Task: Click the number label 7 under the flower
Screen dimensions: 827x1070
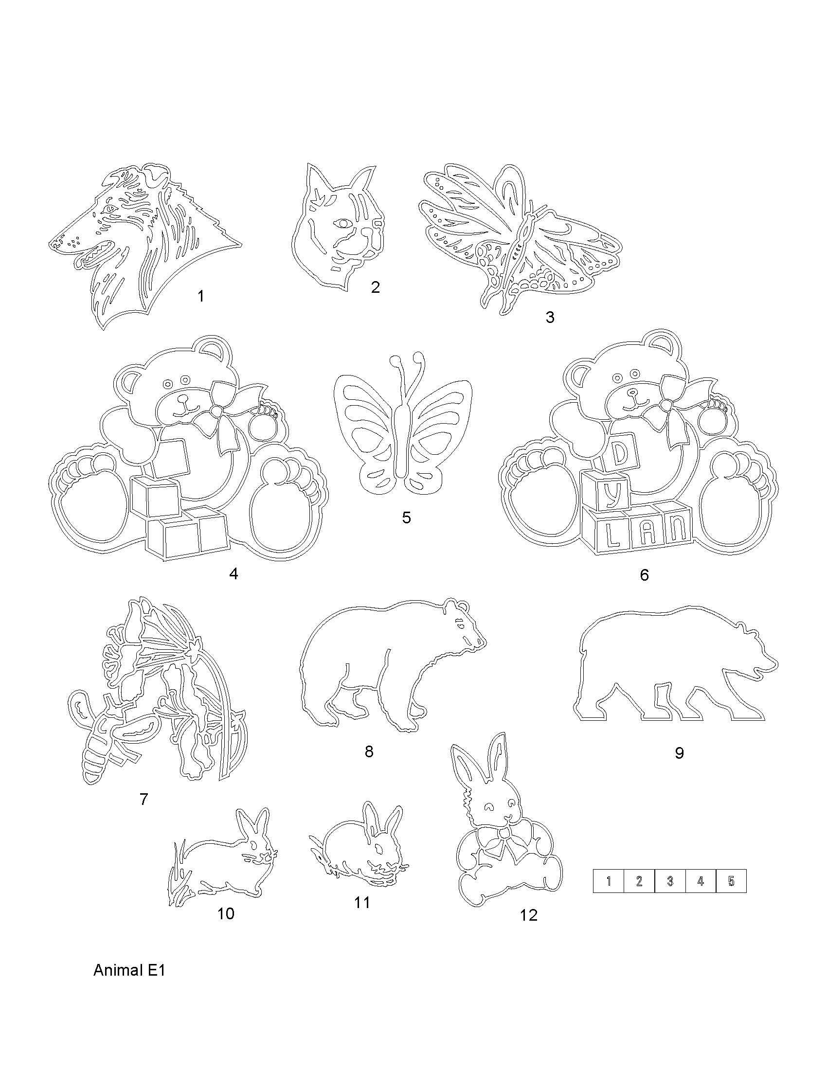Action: (x=144, y=799)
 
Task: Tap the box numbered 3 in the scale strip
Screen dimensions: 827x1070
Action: (x=670, y=881)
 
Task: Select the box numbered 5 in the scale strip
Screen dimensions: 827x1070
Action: (x=731, y=881)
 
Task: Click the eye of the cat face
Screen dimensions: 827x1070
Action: (x=341, y=223)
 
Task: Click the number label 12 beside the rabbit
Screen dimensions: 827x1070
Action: (x=529, y=915)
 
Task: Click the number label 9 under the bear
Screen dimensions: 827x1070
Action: (x=679, y=752)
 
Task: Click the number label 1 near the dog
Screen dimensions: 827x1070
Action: (x=200, y=296)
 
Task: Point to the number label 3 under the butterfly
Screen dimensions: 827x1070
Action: (x=550, y=318)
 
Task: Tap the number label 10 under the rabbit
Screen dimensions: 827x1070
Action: (x=226, y=913)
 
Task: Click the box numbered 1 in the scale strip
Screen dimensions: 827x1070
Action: (x=609, y=881)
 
